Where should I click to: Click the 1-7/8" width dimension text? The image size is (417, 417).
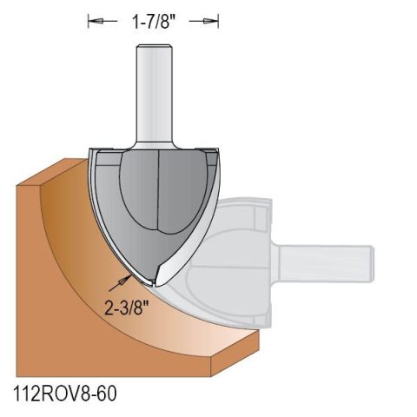pyautogui.click(x=152, y=18)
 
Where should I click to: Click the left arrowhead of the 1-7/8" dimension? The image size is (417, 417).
pyautogui.click(x=95, y=19)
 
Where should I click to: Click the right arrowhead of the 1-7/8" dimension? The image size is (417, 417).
pyautogui.click(x=209, y=19)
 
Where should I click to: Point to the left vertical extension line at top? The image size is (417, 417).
pyautogui.click(x=87, y=19)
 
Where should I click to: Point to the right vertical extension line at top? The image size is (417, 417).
pyautogui.click(x=217, y=19)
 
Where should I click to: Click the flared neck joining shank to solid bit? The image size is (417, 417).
pyautogui.click(x=152, y=139)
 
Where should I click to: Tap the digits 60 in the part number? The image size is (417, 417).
pyautogui.click(x=103, y=394)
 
